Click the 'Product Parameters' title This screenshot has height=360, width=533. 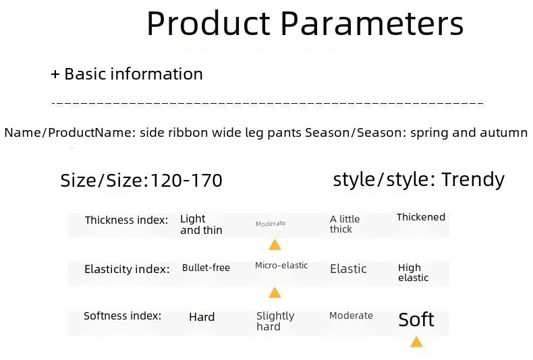305,23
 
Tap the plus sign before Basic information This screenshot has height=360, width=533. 55,74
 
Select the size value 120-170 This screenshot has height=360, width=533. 186,180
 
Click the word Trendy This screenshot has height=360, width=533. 473,180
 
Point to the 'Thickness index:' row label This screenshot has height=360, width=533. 126,220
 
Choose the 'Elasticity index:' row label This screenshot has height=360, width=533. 127,269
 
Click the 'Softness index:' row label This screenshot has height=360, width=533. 122,316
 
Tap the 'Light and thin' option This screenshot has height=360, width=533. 201,224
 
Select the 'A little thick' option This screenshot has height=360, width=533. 345,224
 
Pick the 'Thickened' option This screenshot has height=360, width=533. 421,217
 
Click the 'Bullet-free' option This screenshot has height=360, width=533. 206,268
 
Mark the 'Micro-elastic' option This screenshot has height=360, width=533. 281,265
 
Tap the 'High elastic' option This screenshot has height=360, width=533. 413,273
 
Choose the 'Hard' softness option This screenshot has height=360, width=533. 202,318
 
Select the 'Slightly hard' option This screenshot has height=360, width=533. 275,321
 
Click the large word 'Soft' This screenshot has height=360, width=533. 416,320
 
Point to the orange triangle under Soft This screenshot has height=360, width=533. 416,342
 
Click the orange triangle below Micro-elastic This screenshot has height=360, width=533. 275,293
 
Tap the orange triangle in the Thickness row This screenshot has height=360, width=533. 275,245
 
